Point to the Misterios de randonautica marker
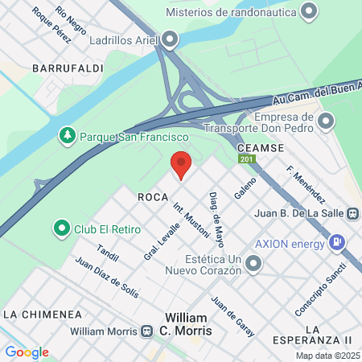(306, 12)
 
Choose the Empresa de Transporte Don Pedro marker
(326, 121)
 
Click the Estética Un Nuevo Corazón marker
(253, 263)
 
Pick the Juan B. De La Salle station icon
(352, 214)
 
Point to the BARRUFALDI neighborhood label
(68, 69)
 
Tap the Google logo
(27, 352)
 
